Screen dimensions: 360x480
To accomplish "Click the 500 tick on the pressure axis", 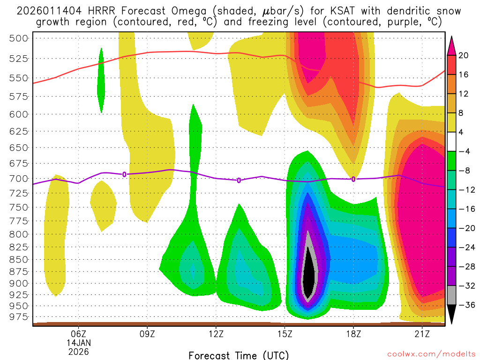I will tap(19, 38).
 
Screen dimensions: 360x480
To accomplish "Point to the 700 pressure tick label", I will tap(19, 179).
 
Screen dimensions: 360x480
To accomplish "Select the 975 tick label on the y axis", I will tap(19, 317).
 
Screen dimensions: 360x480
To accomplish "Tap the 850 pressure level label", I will tap(19, 259).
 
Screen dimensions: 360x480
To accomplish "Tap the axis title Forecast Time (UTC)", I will tap(239, 355).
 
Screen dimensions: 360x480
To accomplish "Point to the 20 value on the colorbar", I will tap(464, 55).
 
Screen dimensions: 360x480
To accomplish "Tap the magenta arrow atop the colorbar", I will tap(451, 45).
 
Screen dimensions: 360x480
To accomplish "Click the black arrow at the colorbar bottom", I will tap(451, 314).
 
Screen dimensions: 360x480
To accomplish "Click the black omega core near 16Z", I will tap(308, 277).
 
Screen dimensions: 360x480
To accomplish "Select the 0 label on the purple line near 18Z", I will tap(353, 179).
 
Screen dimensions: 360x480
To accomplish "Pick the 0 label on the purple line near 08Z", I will tap(124, 174).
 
